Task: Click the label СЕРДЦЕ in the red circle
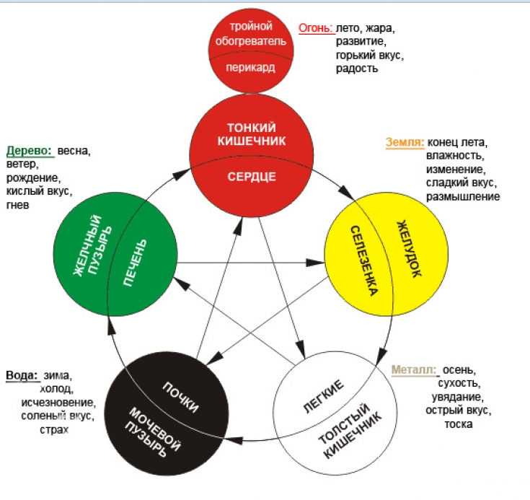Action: [252, 176]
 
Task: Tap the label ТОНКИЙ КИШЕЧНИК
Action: [252, 134]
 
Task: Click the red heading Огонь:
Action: [315, 29]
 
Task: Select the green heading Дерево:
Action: [30, 152]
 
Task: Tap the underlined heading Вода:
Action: [21, 375]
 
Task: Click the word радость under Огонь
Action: [356, 69]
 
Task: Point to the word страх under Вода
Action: [54, 430]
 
